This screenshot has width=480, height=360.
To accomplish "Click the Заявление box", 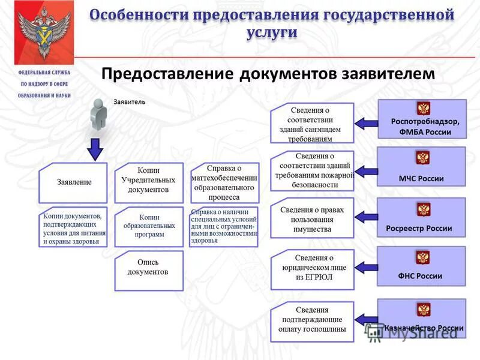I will [74, 182].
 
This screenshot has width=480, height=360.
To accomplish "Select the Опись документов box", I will [148, 267].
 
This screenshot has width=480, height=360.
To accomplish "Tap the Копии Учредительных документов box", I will [148, 180].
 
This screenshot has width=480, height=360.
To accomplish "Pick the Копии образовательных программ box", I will [148, 226].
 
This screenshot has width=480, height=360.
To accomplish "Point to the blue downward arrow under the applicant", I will [94, 149].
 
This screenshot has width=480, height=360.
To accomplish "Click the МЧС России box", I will [421, 169].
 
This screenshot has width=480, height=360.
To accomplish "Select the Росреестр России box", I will [421, 219].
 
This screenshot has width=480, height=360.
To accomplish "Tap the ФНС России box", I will [421, 266].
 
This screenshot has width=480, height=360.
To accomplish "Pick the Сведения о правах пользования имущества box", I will [312, 219].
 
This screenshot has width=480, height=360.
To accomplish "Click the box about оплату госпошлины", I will [312, 319].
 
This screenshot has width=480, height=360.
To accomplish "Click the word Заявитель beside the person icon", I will [129, 101].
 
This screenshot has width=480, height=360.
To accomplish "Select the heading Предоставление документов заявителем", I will [267, 73].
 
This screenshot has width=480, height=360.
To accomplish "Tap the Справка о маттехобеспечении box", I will [224, 182].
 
